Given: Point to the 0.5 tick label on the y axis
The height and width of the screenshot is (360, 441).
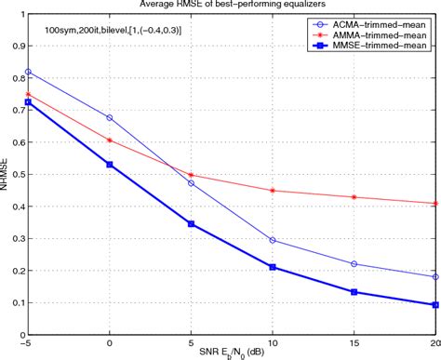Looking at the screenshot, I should [x=16, y=176].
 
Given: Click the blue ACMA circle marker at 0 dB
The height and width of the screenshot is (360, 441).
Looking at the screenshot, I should [x=110, y=118].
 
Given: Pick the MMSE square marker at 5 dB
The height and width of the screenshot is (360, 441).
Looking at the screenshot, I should [x=192, y=224].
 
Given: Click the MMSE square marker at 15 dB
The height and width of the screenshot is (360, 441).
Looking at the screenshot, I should [x=354, y=292].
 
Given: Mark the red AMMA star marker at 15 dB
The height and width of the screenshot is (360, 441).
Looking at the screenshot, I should [x=354, y=197].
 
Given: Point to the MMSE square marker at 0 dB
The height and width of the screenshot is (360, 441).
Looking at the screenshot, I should [x=110, y=165].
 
